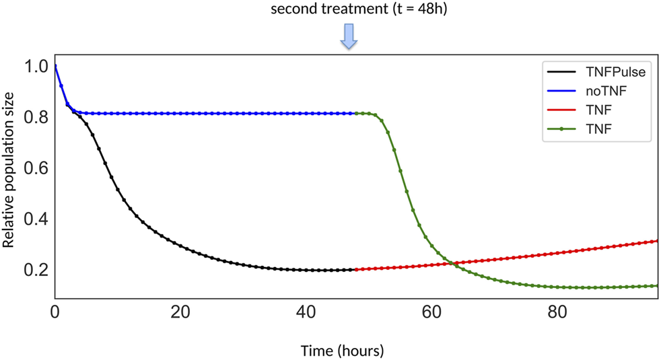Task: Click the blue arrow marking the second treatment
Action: click(348, 36)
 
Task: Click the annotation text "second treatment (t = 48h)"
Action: click(348, 9)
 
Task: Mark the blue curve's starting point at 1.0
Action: click(55, 66)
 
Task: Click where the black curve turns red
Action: click(355, 270)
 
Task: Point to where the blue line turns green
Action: click(355, 113)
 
